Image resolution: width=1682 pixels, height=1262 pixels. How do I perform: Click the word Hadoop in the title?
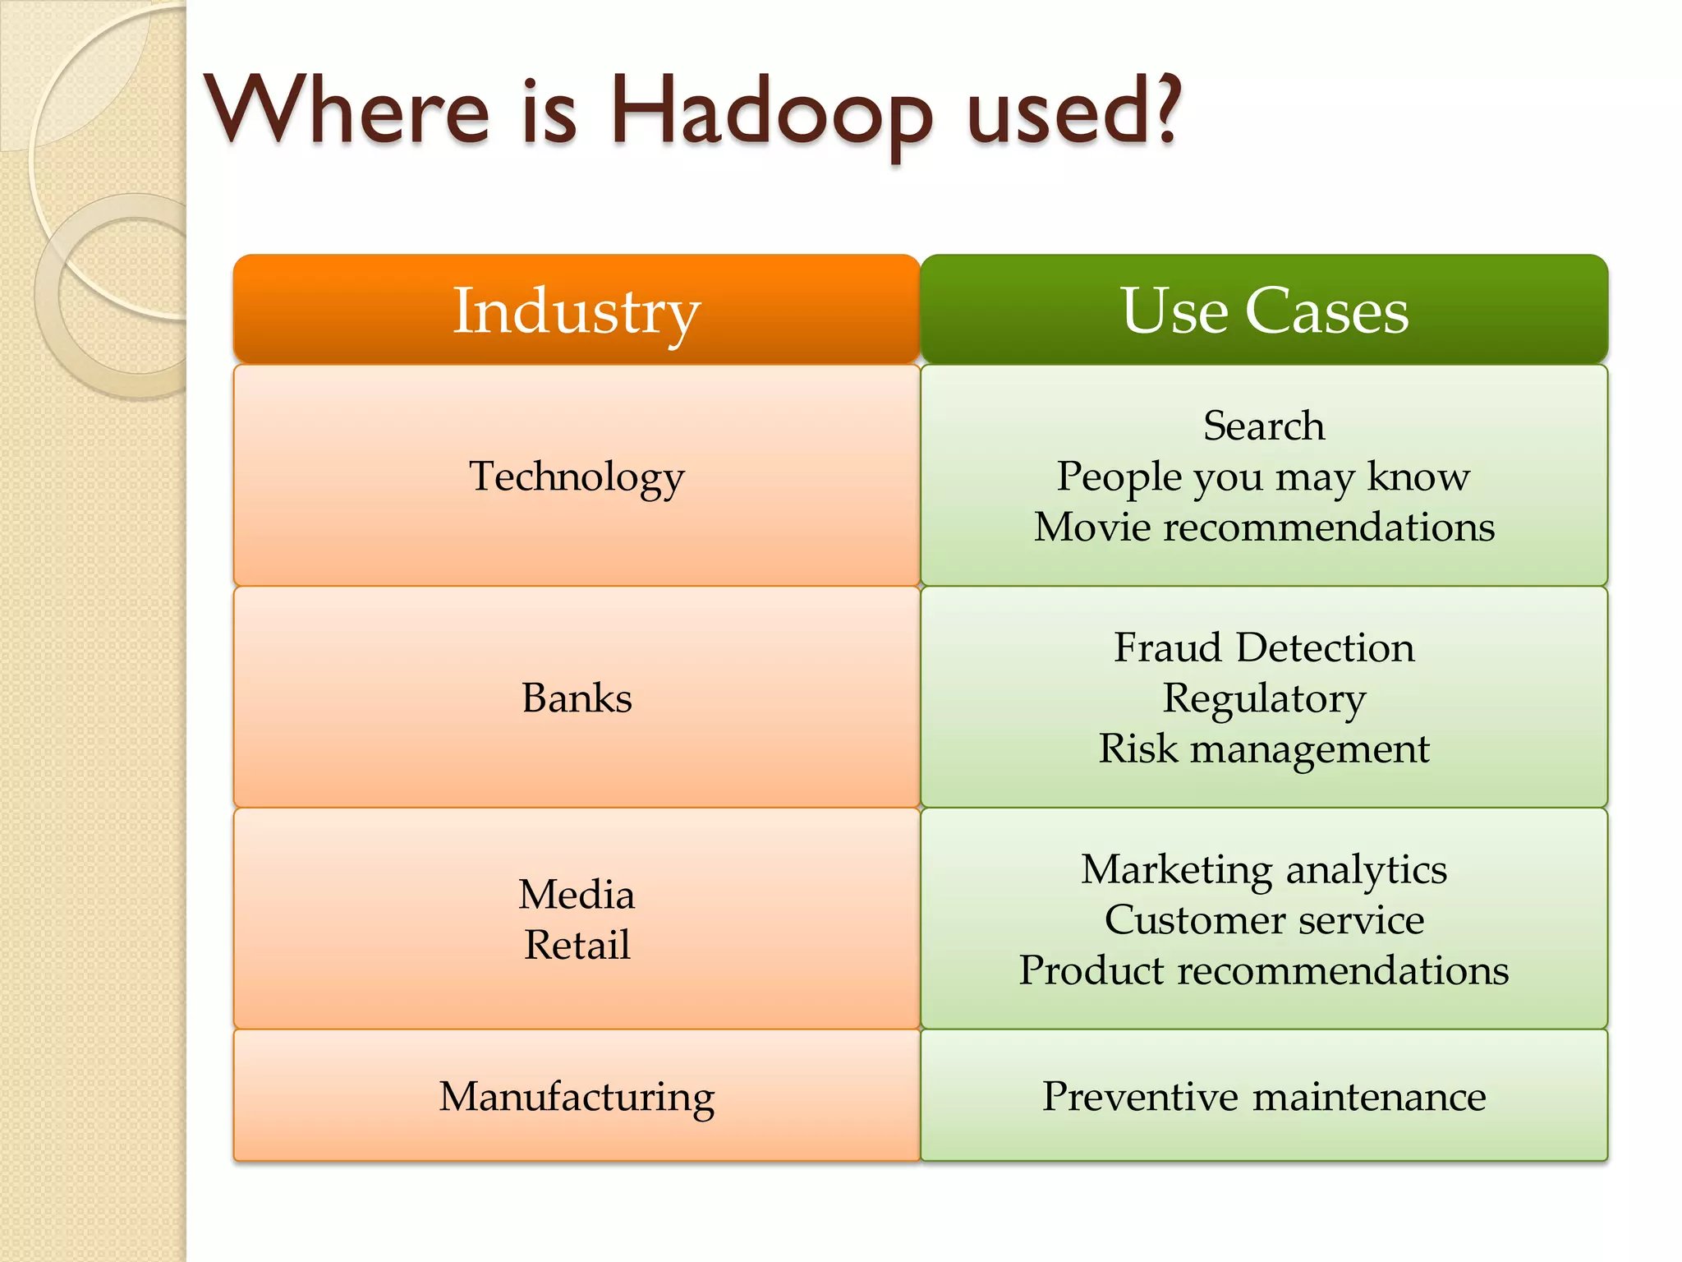770,113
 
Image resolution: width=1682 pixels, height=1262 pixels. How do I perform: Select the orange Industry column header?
577,310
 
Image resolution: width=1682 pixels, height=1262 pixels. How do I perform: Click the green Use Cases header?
1264,310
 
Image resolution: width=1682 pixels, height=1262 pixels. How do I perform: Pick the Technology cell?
577,476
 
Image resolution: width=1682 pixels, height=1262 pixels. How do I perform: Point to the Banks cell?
577,698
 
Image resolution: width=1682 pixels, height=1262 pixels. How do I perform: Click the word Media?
577,894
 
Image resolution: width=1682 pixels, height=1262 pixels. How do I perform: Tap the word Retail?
577,944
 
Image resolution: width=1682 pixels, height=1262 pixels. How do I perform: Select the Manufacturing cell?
577,1096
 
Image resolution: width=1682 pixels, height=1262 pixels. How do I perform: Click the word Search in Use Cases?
1264,426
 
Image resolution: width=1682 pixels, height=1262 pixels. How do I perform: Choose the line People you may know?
1263,477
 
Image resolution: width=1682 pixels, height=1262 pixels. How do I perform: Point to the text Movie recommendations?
1264,527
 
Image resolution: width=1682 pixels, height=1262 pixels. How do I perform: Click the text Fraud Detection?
1264,647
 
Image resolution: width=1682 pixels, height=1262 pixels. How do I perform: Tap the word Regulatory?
1264,698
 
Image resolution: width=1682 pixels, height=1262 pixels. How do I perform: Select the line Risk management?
1264,748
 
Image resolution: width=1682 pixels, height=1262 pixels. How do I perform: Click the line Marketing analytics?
1264,869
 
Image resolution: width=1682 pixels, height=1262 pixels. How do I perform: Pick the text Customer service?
1264,919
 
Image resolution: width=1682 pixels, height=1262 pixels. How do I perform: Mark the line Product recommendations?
1264,970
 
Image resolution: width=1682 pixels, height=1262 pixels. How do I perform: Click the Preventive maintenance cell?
1264,1096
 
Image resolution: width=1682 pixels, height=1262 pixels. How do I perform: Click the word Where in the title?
348,111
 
